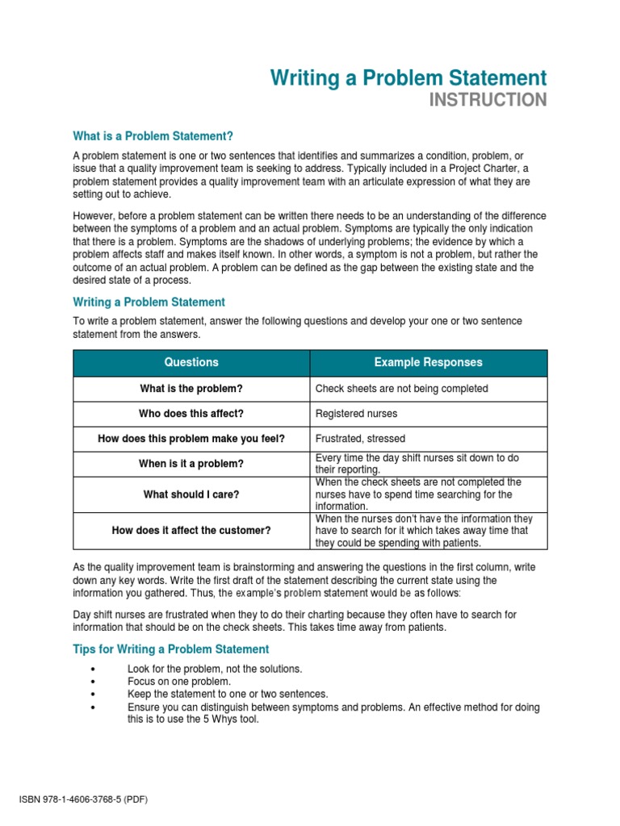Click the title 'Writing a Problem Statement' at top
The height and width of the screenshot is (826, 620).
(408, 78)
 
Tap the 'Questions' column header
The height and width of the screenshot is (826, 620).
(191, 362)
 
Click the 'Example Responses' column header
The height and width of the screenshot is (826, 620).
(428, 362)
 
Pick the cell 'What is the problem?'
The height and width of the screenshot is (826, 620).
(191, 389)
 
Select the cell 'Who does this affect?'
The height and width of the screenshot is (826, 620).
(191, 414)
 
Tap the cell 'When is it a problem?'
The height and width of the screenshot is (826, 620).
(191, 464)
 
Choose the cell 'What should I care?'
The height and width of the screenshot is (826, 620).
(191, 494)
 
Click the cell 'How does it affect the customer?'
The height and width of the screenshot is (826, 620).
(191, 531)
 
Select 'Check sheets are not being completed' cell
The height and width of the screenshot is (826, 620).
(401, 389)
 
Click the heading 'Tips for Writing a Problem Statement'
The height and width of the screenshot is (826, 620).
(171, 649)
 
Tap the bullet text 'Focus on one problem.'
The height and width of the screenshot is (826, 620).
(178, 682)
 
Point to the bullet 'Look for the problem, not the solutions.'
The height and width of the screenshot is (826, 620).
(215, 669)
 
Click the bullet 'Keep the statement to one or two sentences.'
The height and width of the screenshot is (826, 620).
(228, 694)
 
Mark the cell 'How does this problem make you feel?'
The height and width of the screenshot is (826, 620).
(191, 439)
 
